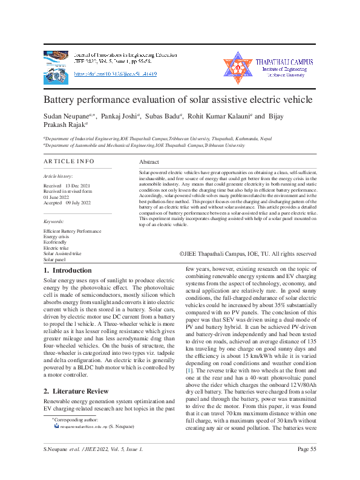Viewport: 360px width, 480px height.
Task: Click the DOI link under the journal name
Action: click(115, 74)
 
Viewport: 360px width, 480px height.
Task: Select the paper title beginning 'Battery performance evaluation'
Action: click(178, 99)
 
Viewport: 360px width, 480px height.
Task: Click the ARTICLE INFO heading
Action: click(69, 161)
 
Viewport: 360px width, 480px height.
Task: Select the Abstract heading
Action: click(149, 163)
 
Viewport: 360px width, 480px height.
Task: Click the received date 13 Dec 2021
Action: click(77, 185)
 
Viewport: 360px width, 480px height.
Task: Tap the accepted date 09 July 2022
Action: click(77, 203)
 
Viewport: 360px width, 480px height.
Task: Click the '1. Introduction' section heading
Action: click(68, 270)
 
